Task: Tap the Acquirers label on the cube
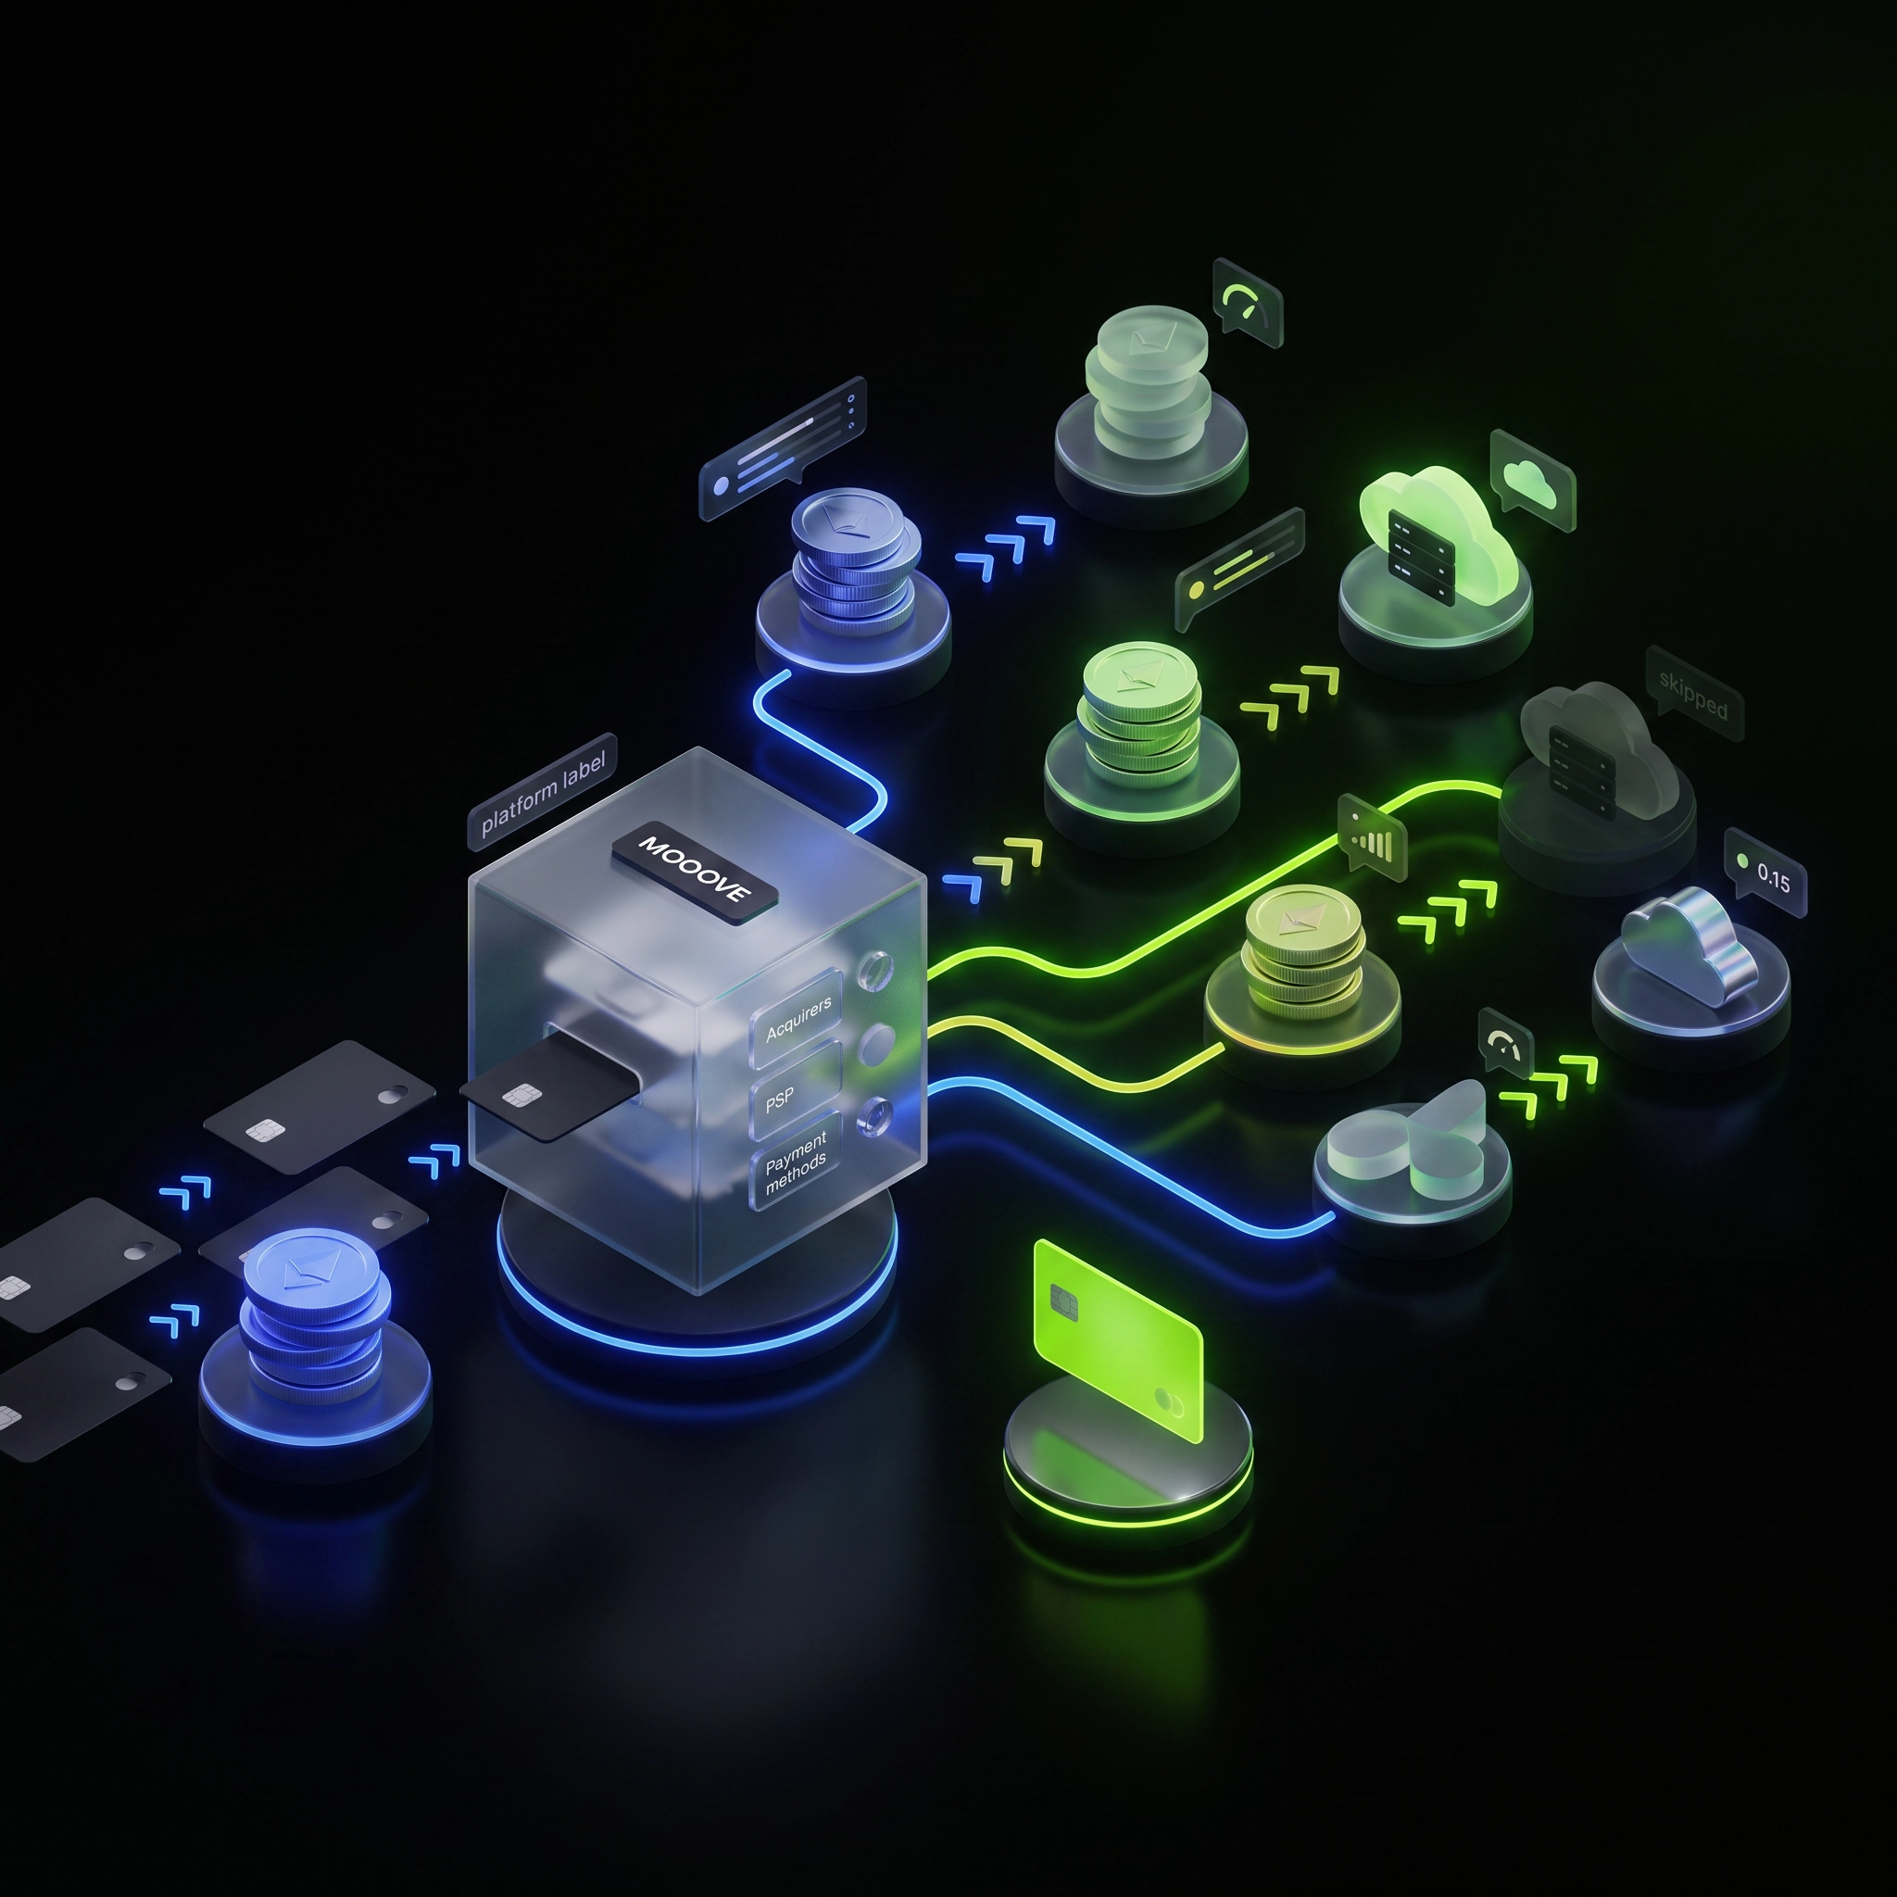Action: click(x=798, y=1018)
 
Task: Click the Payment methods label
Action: click(x=797, y=1162)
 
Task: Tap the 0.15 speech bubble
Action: click(x=1765, y=873)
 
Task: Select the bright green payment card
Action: click(x=1118, y=1339)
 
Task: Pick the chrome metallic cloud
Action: click(x=1689, y=947)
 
